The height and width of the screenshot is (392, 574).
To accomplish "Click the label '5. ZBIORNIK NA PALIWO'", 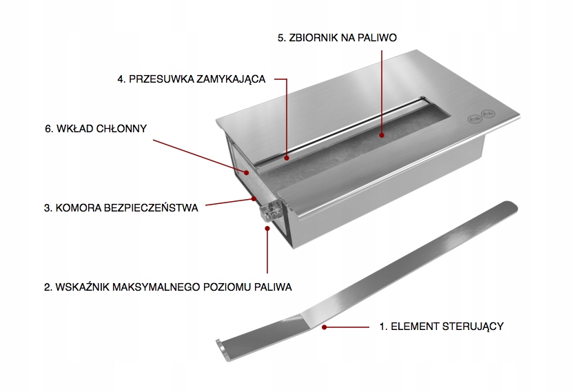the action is [337, 38].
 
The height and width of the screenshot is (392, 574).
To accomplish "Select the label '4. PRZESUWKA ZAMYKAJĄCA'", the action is [191, 79].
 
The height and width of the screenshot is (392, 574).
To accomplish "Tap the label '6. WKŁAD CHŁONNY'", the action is [96, 128].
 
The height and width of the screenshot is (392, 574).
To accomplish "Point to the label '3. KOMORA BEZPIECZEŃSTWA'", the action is [121, 208].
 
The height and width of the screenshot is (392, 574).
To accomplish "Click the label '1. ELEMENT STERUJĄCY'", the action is [442, 326].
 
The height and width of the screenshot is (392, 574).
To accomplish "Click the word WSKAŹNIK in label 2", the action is [82, 287].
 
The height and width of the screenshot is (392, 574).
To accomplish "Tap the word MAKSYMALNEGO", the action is [156, 287].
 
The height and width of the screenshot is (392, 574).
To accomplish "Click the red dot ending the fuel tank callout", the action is [382, 135].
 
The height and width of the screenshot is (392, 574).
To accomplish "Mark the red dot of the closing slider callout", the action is [287, 158].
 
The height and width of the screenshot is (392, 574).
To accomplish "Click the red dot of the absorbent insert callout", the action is [247, 172].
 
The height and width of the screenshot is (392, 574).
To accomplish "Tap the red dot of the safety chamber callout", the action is [254, 198].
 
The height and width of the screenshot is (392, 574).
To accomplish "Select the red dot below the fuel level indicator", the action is [267, 229].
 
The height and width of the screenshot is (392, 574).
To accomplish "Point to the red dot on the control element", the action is [324, 327].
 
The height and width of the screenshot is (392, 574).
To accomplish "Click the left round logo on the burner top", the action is [474, 118].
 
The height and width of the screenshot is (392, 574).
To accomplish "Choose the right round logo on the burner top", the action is [488, 114].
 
